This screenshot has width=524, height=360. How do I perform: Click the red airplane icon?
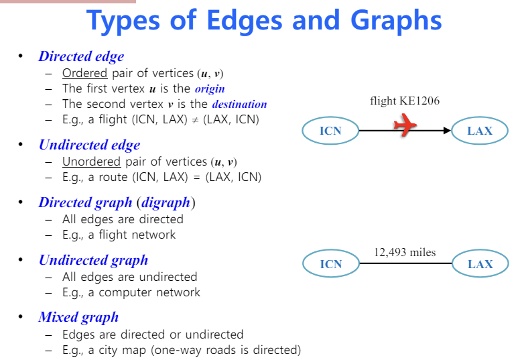(404, 125)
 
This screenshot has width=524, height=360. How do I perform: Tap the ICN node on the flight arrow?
(330, 131)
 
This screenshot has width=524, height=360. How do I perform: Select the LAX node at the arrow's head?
(480, 131)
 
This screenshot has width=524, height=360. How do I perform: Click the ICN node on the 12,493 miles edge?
(330, 264)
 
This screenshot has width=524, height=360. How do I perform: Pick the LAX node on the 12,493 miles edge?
(480, 264)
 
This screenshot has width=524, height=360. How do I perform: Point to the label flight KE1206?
(405, 101)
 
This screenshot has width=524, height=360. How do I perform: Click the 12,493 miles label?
(405, 252)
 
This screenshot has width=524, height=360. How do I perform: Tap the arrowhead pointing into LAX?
(448, 131)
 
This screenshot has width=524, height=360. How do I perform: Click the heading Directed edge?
(81, 56)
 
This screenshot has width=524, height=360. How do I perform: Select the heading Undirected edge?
(89, 145)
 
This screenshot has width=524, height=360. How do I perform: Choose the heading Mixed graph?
(78, 317)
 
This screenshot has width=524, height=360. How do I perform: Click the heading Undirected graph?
(93, 260)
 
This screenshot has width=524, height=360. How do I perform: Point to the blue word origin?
(210, 88)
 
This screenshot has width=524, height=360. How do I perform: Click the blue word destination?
(239, 105)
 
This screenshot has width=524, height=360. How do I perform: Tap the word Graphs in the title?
(394, 21)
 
